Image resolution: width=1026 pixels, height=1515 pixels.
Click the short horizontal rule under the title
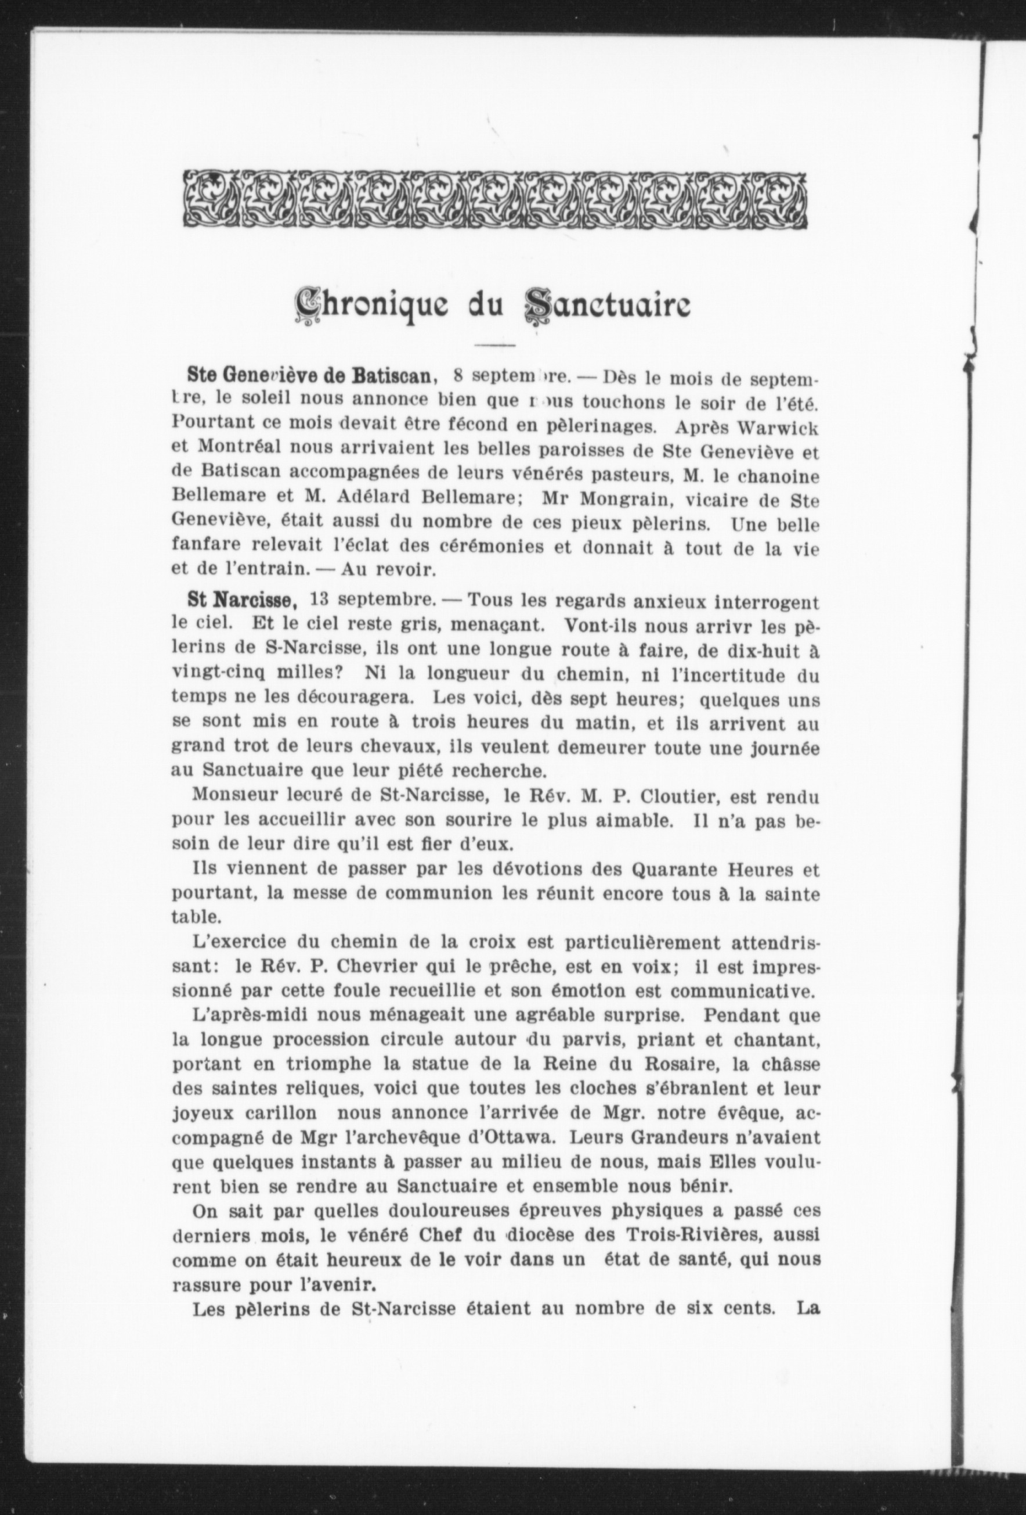point(495,344)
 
